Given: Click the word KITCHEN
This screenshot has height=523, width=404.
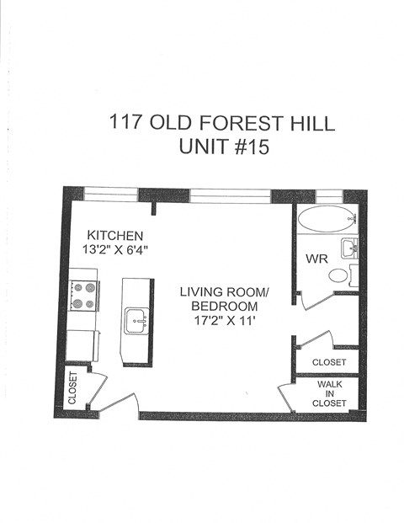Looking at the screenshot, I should [116, 234].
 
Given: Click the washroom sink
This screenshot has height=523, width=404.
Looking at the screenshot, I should [349, 248].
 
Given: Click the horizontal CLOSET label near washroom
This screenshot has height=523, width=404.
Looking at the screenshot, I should [328, 362].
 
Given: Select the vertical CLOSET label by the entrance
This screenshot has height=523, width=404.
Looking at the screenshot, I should [73, 388].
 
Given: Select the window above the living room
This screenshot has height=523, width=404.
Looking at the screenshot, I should [230, 195].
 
